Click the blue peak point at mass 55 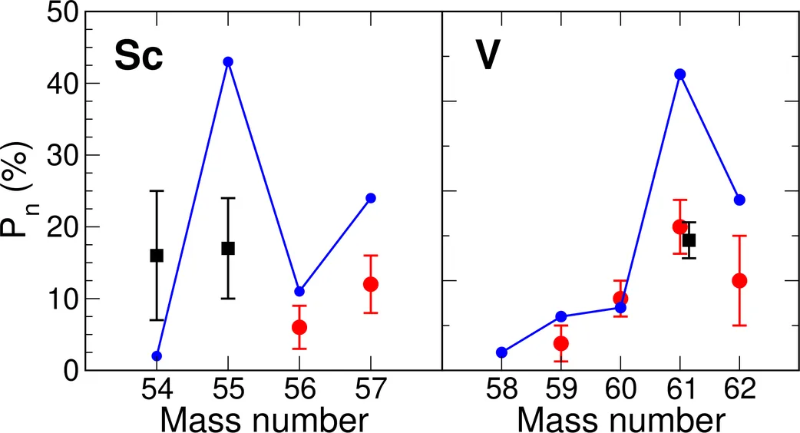tap(228, 61)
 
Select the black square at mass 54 tap(157, 256)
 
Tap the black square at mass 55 tap(228, 248)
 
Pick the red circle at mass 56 tap(299, 327)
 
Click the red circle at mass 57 tap(371, 284)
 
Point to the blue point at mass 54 tap(157, 355)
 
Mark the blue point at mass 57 tap(371, 198)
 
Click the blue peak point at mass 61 tap(679, 74)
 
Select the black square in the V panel tap(689, 240)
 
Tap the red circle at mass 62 tap(739, 280)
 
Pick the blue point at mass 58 tap(501, 352)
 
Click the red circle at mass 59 tap(561, 343)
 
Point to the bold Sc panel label tap(139, 57)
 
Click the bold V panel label tap(489, 57)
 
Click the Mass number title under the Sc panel tap(263, 419)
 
